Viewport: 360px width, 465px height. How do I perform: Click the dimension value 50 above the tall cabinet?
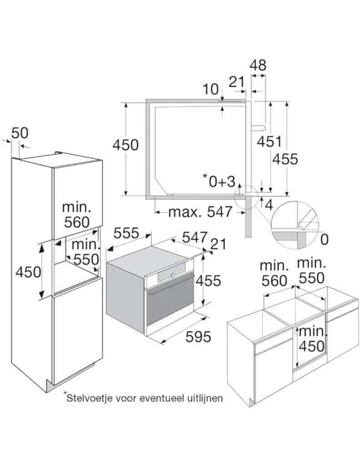20,133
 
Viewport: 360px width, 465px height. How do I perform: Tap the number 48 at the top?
258,65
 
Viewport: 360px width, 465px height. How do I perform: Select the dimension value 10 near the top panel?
210,89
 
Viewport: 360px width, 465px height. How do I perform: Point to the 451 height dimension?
269,142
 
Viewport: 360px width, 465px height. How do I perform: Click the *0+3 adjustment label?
219,181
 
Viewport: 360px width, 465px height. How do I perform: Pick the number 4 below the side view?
268,205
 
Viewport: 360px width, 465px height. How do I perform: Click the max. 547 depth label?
200,212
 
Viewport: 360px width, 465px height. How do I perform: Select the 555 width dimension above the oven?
126,233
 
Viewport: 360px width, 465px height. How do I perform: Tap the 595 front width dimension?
198,336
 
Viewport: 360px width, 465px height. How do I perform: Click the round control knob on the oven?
173,275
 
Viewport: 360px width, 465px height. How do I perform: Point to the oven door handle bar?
170,285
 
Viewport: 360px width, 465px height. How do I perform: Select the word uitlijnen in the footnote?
205,398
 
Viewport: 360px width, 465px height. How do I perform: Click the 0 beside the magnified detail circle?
325,239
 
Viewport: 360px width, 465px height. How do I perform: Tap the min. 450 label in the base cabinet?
312,339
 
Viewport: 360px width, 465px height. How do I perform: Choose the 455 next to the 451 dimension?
285,159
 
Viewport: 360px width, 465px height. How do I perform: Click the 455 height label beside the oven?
208,281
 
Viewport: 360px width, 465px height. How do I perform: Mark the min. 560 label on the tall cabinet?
76,214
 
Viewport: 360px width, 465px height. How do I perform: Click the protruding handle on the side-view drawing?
259,128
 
